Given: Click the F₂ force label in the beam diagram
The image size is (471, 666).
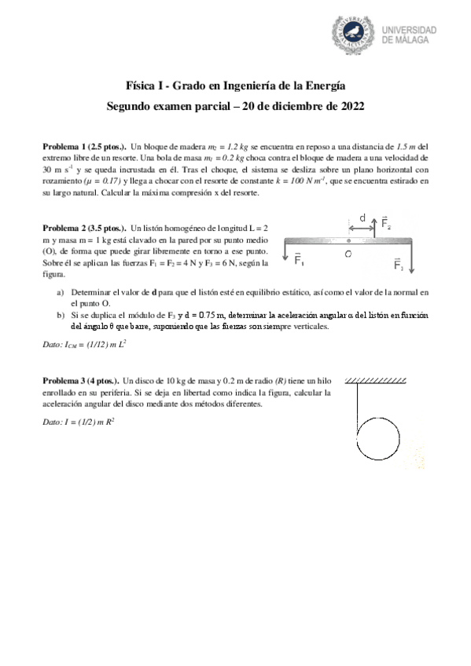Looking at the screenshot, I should click(387, 224).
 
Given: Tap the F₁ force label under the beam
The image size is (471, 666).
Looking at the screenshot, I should click(300, 260).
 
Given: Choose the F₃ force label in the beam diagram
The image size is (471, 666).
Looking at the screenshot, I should click(399, 264).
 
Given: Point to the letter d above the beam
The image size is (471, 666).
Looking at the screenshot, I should click(362, 217).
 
